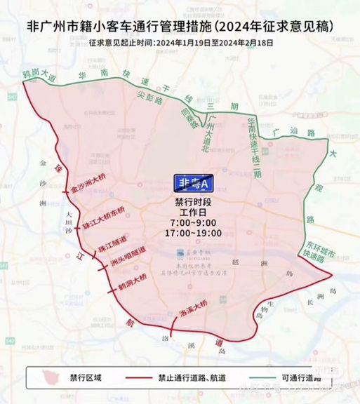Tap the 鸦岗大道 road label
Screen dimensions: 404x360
pyautogui.click(x=39, y=72)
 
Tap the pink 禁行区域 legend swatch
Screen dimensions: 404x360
pyautogui.click(x=49, y=377)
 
